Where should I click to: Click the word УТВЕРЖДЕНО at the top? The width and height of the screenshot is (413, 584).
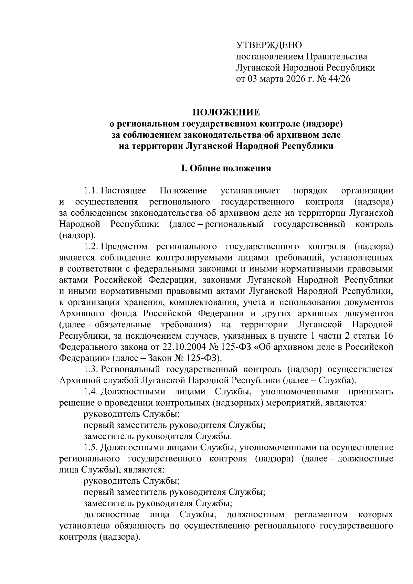[x=269, y=45]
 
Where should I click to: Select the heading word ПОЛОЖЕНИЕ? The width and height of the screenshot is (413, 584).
[x=226, y=113]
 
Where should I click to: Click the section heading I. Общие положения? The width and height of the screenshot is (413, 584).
[x=226, y=168]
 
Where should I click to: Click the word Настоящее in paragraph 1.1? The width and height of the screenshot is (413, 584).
[x=123, y=191]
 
